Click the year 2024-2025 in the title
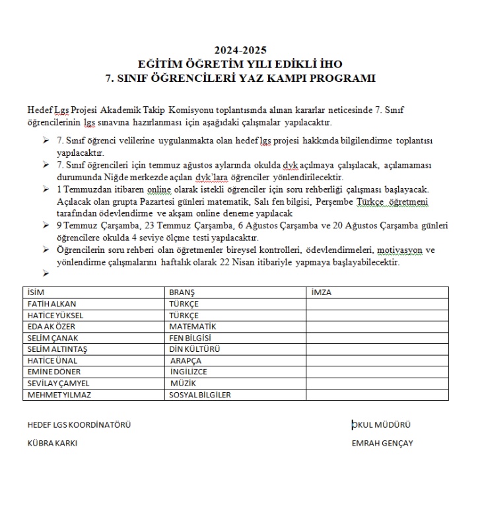(240, 50)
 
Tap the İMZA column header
(321, 292)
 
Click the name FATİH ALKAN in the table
(52, 304)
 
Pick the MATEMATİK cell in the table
(193, 327)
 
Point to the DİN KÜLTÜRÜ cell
(195, 349)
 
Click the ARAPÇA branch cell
(186, 360)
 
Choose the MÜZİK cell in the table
(184, 383)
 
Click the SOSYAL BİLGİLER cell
(200, 395)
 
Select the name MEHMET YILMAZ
(58, 395)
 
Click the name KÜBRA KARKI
(52, 443)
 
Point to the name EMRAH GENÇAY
(382, 443)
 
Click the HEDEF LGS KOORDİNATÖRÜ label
(79, 424)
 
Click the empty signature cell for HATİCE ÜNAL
(377, 360)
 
